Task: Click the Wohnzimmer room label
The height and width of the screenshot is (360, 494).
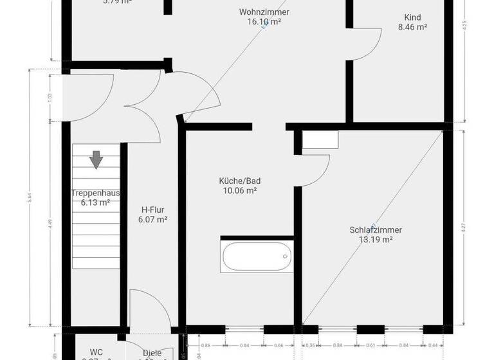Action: [264, 12]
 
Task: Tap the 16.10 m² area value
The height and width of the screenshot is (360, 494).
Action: [264, 21]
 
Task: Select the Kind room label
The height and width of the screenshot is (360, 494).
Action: [412, 17]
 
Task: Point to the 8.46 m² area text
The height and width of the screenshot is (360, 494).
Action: [412, 27]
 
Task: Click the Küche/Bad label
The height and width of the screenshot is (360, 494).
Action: [239, 181]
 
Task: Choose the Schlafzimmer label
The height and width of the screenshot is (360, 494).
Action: [376, 230]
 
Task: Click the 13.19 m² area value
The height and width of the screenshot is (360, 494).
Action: [376, 239]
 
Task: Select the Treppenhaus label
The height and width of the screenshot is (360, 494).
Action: [95, 193]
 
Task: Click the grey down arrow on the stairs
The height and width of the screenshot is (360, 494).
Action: [96, 159]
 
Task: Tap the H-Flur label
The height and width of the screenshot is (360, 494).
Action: [152, 209]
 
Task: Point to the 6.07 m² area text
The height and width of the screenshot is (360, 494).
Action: [152, 219]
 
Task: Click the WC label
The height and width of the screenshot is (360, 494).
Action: [96, 352]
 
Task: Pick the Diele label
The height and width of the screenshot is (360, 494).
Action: [152, 352]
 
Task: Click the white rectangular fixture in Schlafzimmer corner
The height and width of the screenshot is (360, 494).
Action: [320, 139]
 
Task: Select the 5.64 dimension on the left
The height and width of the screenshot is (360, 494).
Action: [30, 199]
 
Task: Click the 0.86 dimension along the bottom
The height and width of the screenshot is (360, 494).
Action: [205, 345]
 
